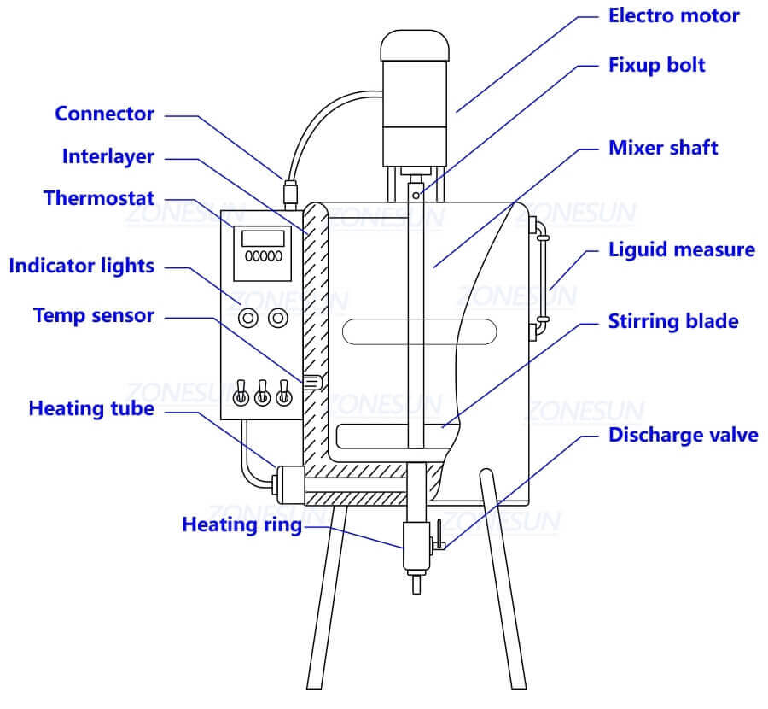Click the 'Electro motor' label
coord(673,15)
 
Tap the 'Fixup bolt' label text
coord(656,65)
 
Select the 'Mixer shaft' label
coord(662,148)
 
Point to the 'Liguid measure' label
coord(681,249)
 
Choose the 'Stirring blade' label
coord(672,321)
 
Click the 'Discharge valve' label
coord(683,435)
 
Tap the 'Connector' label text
coord(104,114)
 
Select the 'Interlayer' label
coord(108,156)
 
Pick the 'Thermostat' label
coord(99,198)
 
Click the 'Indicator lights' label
coord(81,266)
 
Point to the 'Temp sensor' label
coord(94,315)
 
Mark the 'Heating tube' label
coord(91,408)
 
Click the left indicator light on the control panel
coord(248,319)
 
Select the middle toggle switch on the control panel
coord(263,394)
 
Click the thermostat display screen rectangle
coord(262,238)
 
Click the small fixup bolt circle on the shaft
coord(415,196)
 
